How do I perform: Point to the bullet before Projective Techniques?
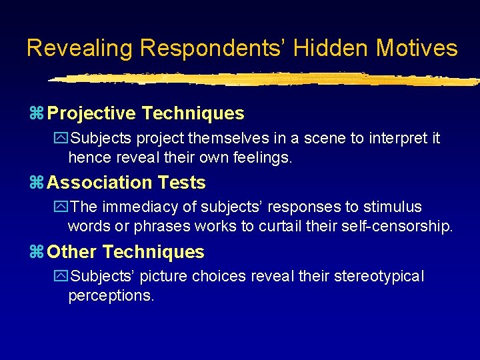click(37, 114)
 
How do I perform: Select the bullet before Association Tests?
click(37, 183)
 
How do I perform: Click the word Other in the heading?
click(73, 252)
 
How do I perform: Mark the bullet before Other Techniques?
click(37, 252)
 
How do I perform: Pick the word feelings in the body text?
click(263, 158)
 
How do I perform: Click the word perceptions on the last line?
click(111, 296)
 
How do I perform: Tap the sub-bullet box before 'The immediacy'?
click(63, 207)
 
